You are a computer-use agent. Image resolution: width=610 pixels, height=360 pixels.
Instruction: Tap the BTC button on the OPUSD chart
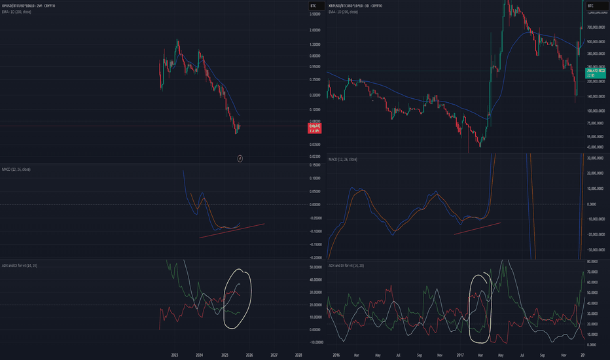click(314, 6)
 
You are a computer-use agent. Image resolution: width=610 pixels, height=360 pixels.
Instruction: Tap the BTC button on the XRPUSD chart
click(591, 6)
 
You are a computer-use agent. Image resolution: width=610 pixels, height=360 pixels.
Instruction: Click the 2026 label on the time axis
click(249, 353)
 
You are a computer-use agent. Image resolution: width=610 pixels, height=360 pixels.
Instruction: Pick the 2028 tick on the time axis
click(298, 353)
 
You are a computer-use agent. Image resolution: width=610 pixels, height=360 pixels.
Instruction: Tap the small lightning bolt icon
click(240, 158)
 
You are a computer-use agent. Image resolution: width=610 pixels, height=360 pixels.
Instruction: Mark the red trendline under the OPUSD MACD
click(232, 231)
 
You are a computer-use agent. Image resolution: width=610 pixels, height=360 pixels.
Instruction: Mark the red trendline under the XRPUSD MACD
click(478, 227)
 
